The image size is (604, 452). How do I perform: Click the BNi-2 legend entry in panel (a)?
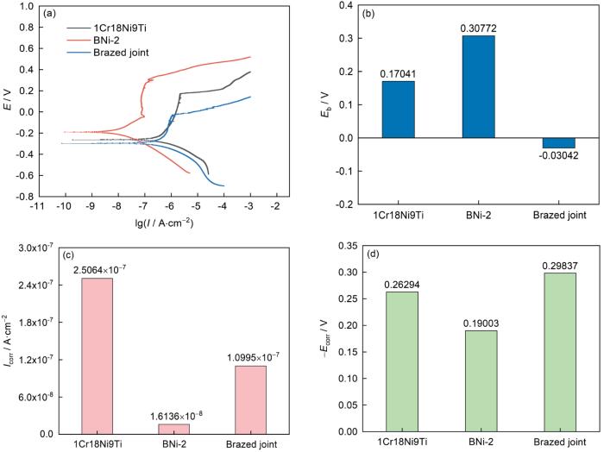tap(98, 40)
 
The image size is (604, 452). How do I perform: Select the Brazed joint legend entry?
tap(106, 53)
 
